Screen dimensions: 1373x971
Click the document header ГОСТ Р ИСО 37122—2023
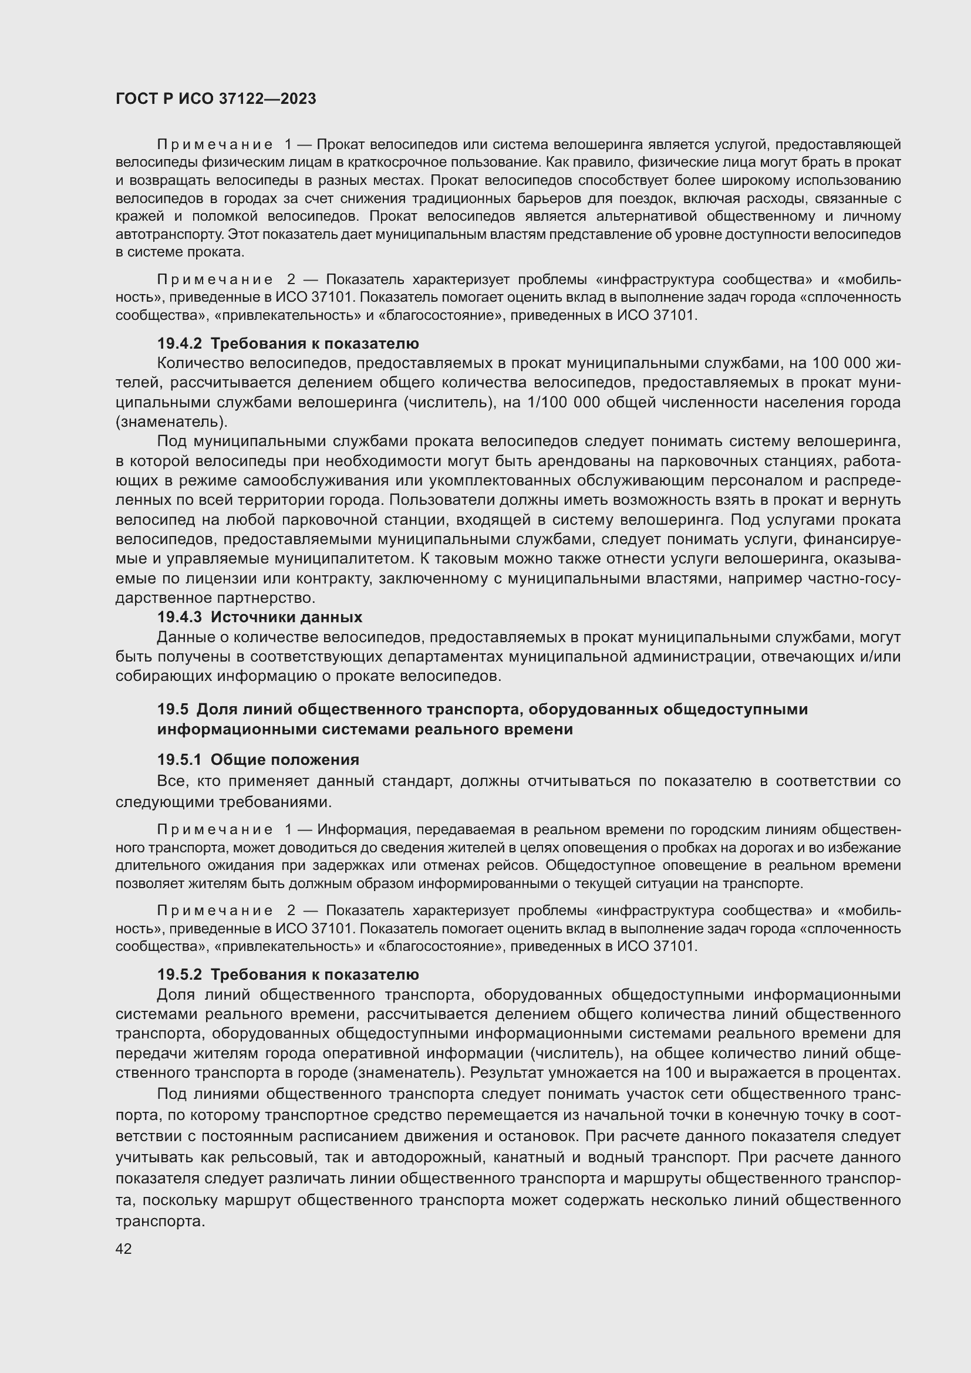(215, 99)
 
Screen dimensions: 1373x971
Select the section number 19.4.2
(180, 344)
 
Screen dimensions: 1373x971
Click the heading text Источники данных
(286, 617)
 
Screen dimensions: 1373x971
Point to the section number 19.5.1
(180, 760)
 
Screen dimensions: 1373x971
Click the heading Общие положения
(285, 760)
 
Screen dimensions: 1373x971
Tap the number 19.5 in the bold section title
(172, 710)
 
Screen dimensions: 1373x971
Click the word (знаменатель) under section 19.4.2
(171, 422)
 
